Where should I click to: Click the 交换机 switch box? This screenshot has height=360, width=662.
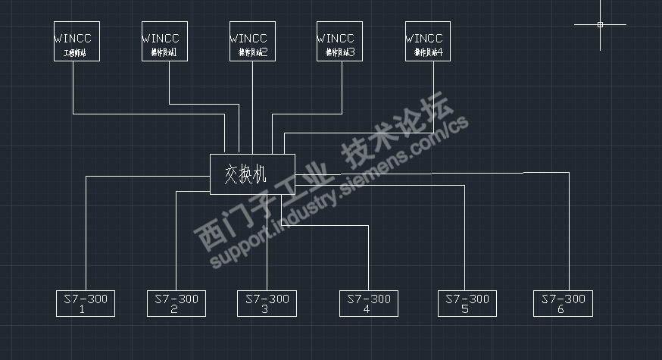(251, 174)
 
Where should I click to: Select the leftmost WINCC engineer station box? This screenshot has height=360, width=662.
(77, 42)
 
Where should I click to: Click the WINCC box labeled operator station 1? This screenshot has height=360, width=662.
(164, 42)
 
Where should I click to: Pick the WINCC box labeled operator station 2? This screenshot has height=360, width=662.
(252, 42)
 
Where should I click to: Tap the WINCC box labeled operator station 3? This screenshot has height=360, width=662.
(339, 42)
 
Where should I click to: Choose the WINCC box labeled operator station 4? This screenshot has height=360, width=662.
(428, 42)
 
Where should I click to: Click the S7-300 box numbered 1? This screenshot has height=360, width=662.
(86, 303)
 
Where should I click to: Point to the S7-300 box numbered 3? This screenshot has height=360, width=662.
(266, 303)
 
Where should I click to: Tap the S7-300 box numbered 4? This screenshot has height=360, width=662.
(368, 303)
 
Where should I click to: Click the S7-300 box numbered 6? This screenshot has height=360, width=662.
(563, 303)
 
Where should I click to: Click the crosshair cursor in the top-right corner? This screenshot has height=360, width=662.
(600, 25)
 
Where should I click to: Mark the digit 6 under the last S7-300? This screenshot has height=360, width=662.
(561, 309)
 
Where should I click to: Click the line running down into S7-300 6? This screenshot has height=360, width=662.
(568, 235)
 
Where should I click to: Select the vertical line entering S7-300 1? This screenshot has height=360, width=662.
(86, 235)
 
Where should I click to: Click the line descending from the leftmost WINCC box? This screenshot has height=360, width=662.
(73, 87)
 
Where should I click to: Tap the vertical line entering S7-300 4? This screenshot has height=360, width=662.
(368, 258)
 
